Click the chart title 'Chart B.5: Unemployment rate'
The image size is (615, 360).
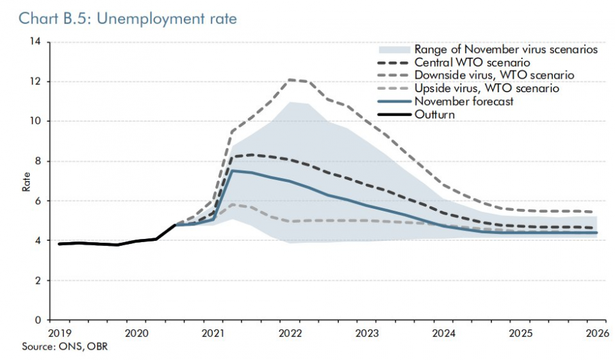coord(128,19)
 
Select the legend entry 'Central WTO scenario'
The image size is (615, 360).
coord(472,63)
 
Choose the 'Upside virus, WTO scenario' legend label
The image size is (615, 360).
coord(487,88)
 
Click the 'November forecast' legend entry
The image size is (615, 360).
coord(463,101)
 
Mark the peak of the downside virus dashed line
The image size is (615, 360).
coord(290,80)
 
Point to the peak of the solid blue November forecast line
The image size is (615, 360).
coord(232,170)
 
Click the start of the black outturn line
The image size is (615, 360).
coord(59,243)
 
